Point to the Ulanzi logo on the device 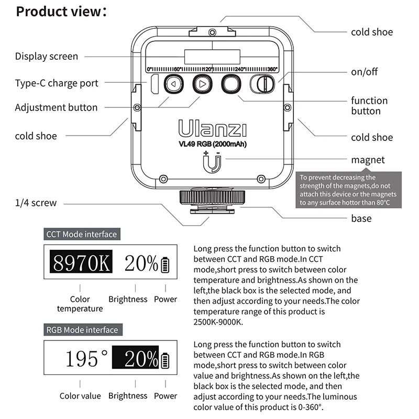212,128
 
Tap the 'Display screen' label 47,57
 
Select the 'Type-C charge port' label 57,83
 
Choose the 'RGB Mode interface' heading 82,330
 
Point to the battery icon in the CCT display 166,264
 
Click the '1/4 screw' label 36,203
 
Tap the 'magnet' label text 368,160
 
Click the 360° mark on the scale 272,69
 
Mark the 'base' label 361,218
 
